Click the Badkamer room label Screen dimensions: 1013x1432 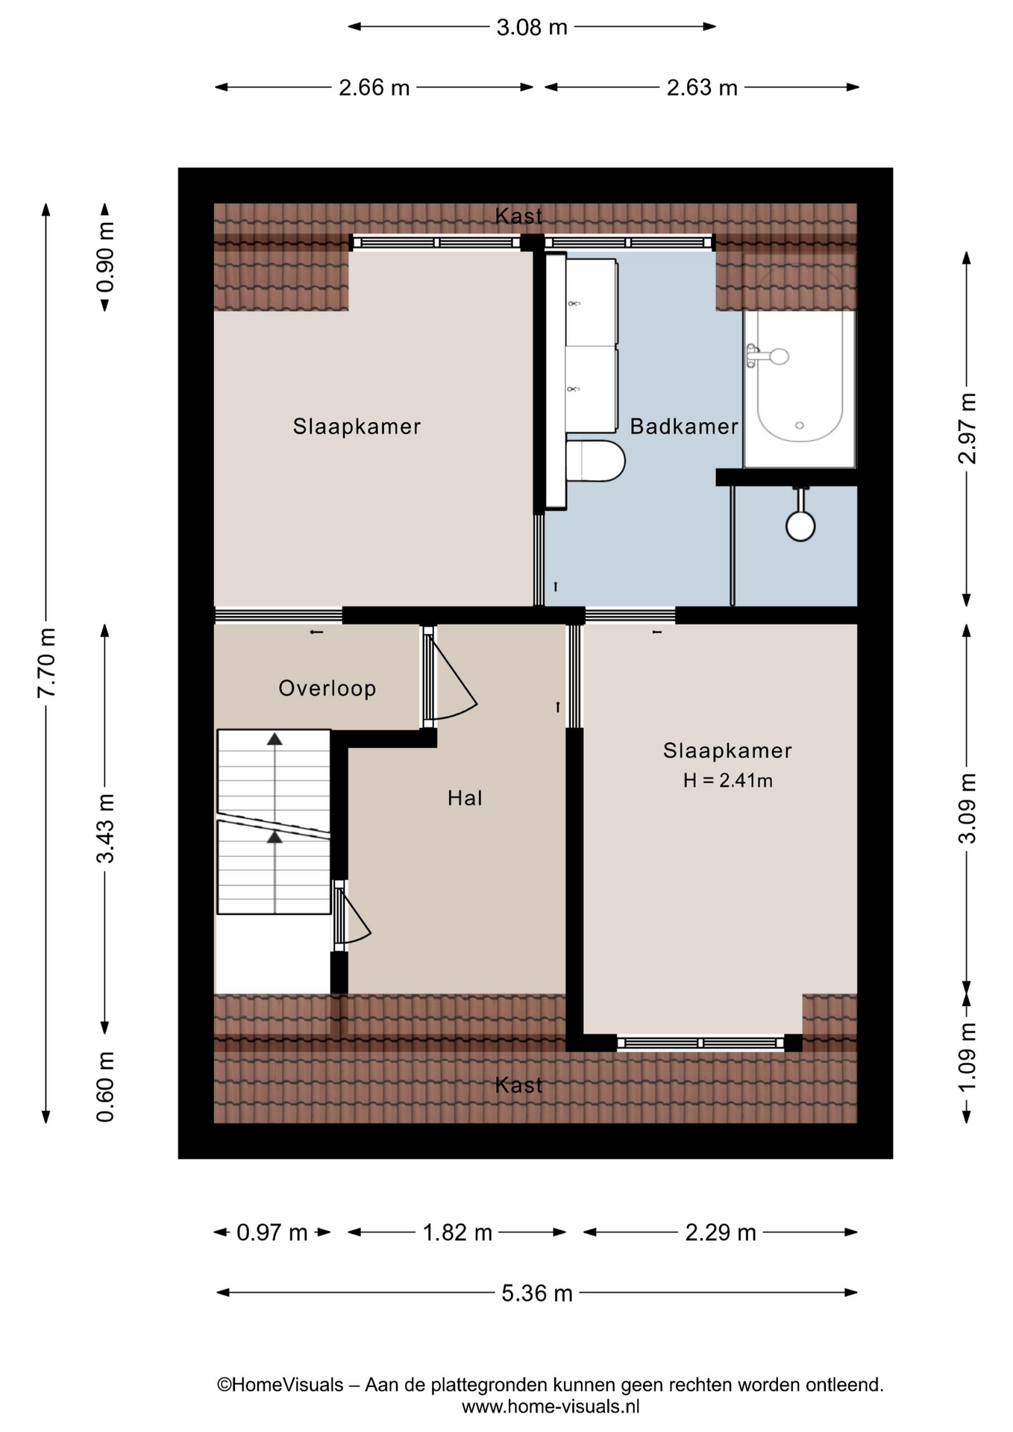(x=683, y=427)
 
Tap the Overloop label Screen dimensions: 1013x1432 (x=327, y=688)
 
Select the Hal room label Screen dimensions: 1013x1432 (x=465, y=798)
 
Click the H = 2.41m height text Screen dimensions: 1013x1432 (x=727, y=781)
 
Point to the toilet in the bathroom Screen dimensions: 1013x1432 (x=595, y=460)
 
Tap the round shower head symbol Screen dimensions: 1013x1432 (x=800, y=525)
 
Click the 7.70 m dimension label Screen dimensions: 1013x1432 (x=46, y=663)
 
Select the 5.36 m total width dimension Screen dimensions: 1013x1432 (x=536, y=1293)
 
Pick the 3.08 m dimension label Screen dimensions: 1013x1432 (x=532, y=28)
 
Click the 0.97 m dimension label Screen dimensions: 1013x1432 (x=272, y=1232)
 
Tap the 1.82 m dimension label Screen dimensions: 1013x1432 (x=457, y=1232)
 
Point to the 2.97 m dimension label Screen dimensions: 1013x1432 (x=967, y=429)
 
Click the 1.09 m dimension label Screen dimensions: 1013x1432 (x=967, y=1058)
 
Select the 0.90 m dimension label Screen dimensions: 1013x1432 (x=105, y=257)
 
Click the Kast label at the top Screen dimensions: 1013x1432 (x=518, y=216)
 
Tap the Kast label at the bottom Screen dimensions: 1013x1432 (x=518, y=1085)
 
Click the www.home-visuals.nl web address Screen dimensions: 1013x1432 (x=551, y=1407)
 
